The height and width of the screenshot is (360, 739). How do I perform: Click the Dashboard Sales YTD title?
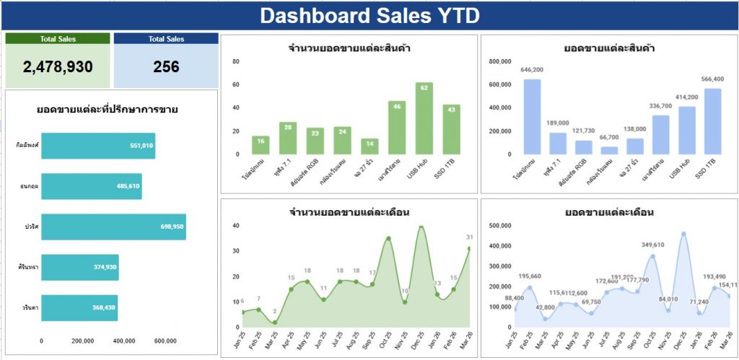pos(369,16)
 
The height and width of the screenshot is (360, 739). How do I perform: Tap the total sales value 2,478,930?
pos(58,67)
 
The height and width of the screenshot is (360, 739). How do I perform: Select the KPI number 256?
pos(166,67)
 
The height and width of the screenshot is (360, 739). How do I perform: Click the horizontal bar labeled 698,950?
pos(113,227)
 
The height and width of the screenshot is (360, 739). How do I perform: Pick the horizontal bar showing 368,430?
pos(79,307)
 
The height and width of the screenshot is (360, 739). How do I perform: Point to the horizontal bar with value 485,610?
pos(91,186)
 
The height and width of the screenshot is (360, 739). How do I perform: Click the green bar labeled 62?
pos(424,119)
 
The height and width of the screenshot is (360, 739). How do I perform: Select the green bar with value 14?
pos(369,146)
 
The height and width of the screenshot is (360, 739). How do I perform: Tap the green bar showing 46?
pos(397,128)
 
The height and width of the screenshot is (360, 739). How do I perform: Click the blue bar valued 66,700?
pos(610,150)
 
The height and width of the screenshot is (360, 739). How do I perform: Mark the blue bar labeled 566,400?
pos(712,121)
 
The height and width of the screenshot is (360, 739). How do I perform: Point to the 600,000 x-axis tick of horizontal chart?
pos(165,341)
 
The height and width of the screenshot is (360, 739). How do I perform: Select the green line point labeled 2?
pos(275,322)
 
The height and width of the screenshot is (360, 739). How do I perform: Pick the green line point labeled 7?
pos(258,309)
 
